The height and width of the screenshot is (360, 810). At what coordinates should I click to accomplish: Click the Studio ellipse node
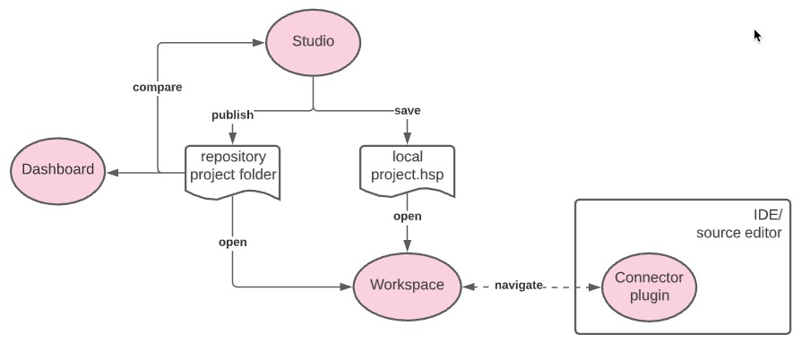(x=313, y=41)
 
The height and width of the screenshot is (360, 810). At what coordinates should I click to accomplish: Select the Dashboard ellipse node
(x=57, y=169)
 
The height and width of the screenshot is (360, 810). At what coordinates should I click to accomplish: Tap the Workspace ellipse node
(x=408, y=286)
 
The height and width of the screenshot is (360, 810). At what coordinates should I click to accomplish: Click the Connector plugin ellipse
(x=649, y=287)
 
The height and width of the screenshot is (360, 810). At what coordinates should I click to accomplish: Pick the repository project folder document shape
(x=233, y=167)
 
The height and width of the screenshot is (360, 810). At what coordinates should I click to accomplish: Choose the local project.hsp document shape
(x=408, y=166)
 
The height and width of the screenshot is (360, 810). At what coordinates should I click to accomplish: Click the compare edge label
(x=157, y=87)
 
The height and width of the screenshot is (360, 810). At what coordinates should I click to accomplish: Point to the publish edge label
(x=232, y=115)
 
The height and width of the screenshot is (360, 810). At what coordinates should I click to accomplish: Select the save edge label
(x=408, y=110)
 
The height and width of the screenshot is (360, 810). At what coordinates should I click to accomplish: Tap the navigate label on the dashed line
(x=519, y=285)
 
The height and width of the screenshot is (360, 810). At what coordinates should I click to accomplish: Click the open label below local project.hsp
(x=408, y=216)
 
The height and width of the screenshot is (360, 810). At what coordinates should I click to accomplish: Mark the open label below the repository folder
(x=232, y=242)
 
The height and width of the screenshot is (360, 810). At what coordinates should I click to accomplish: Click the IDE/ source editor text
(x=739, y=224)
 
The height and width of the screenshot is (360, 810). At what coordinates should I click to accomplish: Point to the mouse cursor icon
(x=757, y=36)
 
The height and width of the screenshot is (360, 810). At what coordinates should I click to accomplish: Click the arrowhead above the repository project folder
(x=233, y=139)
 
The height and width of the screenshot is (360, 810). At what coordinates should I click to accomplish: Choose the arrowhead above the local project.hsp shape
(x=408, y=139)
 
